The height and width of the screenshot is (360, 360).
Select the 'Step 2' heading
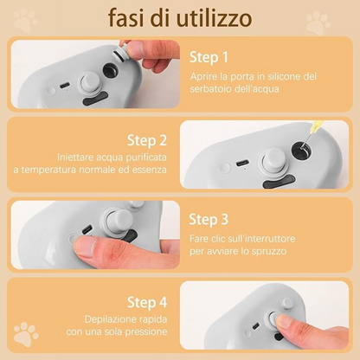tap(148, 139)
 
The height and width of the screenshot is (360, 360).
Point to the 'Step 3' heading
tap(210, 219)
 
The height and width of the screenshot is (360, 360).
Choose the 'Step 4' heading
tap(148, 302)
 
